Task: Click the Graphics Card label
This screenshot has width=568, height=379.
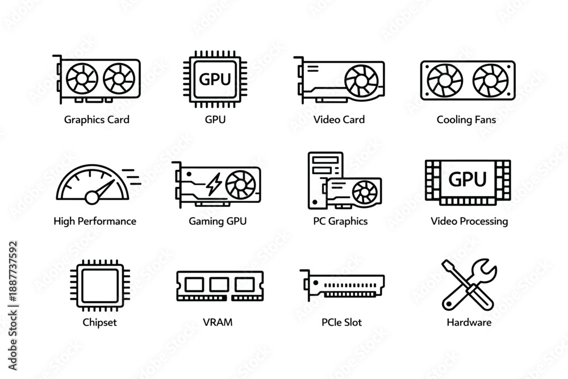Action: [97, 120]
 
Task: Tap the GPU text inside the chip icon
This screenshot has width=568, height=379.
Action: [215, 80]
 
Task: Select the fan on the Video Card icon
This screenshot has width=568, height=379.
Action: [361, 81]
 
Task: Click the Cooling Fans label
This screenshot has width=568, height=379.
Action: [466, 119]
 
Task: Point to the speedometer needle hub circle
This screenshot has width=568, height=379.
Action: [92, 198]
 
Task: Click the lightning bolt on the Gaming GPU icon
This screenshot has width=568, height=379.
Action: [214, 184]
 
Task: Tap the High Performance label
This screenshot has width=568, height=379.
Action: [95, 222]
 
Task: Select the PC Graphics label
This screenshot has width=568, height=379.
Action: [340, 222]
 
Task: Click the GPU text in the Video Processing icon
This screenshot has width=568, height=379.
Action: [467, 179]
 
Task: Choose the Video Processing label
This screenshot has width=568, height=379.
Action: [469, 222]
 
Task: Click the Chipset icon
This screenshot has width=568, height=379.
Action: [100, 285]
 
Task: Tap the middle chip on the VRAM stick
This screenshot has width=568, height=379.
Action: [219, 285]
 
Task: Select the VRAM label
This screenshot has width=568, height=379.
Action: [218, 323]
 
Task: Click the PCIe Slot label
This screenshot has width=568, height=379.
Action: [341, 323]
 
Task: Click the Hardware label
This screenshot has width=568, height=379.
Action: [469, 323]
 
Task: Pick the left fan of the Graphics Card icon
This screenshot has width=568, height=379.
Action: [82, 78]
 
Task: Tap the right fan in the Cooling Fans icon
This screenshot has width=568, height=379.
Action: [491, 81]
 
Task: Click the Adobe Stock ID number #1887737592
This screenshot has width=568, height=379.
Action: [13, 272]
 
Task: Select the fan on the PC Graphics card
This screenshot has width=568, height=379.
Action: [365, 192]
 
